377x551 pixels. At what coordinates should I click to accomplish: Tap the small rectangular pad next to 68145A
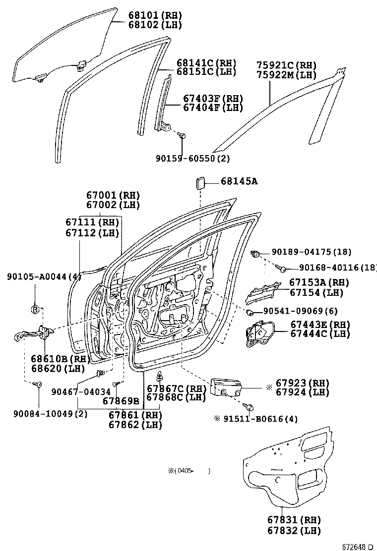200,182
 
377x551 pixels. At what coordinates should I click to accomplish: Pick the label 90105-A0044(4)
44,276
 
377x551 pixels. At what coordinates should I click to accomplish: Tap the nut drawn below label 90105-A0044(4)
35,310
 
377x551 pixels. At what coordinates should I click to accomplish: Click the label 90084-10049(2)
44,414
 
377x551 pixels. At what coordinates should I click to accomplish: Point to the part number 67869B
121,400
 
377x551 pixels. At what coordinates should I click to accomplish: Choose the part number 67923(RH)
303,383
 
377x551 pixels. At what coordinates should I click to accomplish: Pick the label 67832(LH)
294,531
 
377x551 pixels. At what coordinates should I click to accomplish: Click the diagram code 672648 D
357,547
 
